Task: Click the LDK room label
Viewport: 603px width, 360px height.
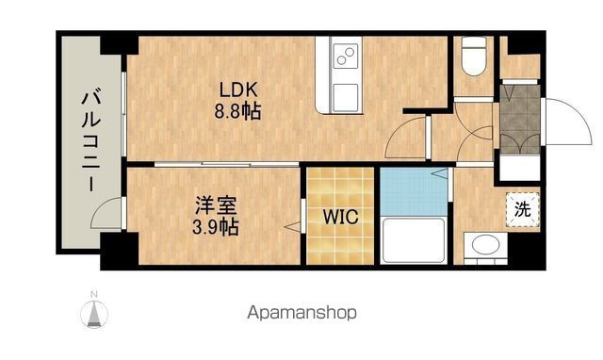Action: coord(237,90)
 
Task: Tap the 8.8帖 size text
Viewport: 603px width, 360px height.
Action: coord(237,111)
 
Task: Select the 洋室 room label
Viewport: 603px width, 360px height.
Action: coord(216,205)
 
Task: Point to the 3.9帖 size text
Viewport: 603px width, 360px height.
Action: coord(216,227)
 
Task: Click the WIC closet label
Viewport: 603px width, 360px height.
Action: coord(341,217)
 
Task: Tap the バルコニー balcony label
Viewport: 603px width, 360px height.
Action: coord(91,140)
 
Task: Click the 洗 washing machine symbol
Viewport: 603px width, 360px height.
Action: coord(523,209)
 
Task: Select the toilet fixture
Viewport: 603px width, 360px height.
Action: coord(474,57)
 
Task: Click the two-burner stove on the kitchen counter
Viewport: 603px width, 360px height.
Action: coord(346,57)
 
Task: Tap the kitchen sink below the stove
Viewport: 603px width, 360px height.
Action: coord(346,98)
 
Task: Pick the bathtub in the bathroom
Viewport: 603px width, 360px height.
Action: coord(414,240)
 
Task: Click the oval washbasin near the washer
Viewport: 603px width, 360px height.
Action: coord(486,245)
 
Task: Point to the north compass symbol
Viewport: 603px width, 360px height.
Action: coord(94,311)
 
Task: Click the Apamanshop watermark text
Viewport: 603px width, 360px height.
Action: coord(301,313)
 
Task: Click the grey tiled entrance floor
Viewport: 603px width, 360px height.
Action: coord(520,120)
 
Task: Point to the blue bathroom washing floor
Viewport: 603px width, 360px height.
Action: coord(414,191)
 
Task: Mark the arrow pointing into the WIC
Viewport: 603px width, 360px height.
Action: coord(292,227)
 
